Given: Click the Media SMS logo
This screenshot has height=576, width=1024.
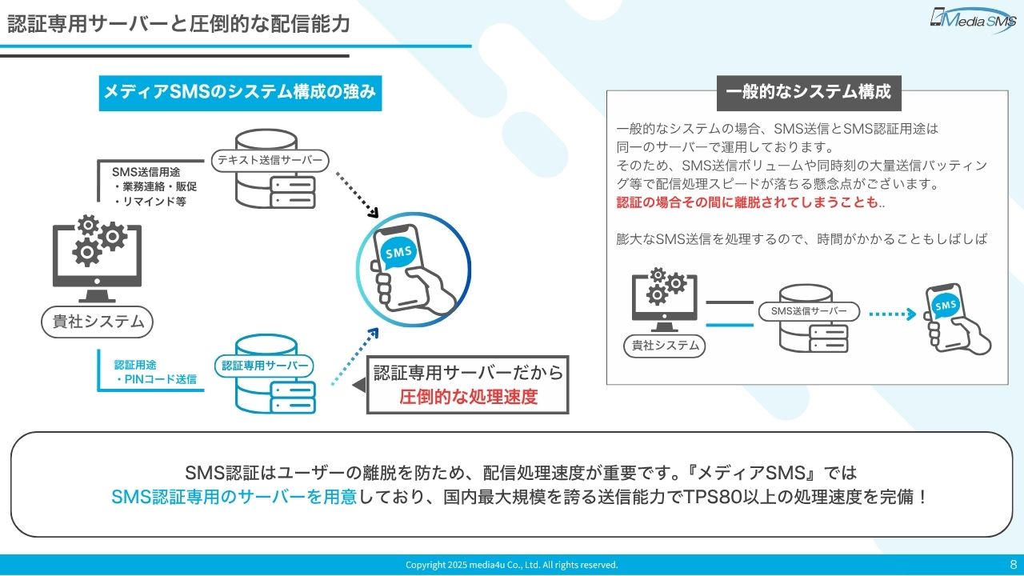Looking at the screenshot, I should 972,19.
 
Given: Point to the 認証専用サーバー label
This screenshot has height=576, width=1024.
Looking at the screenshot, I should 265,366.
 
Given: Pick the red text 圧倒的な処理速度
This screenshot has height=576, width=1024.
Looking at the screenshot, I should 469,397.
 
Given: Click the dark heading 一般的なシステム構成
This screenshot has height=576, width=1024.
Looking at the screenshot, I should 808,92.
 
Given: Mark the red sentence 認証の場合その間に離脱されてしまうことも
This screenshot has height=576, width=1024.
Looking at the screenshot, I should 748,203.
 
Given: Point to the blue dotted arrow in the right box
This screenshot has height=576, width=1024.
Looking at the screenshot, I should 892,314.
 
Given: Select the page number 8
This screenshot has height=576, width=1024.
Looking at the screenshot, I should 1014,564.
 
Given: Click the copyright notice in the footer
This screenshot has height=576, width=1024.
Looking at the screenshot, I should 512,565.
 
